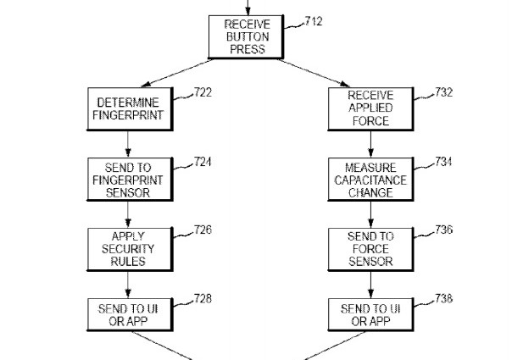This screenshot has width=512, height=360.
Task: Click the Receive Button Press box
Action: click(244, 36)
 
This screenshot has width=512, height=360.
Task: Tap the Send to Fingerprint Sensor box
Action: click(127, 180)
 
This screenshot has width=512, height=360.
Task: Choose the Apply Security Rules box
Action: click(127, 249)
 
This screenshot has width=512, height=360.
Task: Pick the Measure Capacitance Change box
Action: click(370, 180)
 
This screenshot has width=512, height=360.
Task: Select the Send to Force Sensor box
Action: click(370, 249)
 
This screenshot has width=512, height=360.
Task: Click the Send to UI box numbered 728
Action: click(127, 315)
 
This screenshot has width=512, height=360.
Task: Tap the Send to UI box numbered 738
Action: click(370, 315)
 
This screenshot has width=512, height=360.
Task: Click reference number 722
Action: click(201, 92)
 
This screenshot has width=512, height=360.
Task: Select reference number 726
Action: click(201, 230)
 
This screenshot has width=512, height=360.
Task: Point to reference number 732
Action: click(444, 92)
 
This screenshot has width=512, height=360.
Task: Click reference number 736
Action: click(444, 230)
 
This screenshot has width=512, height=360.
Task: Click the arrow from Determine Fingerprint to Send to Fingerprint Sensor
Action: click(127, 145)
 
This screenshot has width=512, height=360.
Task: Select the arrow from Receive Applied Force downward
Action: click(370, 145)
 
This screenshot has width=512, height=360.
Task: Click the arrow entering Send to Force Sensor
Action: click(370, 214)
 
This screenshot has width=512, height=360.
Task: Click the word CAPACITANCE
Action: click(370, 180)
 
